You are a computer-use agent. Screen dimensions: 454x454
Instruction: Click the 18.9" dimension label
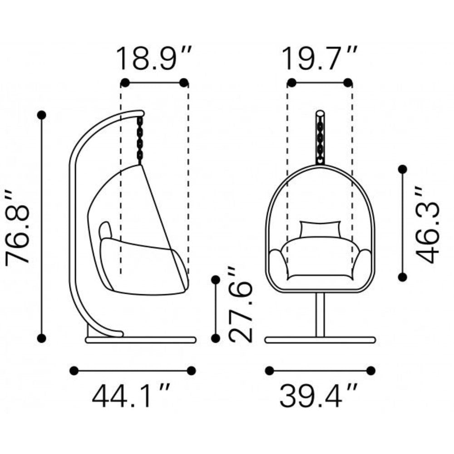coord(153,59)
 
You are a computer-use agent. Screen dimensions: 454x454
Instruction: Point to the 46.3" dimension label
coord(428,225)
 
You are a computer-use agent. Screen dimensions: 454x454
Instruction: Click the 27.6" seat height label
coord(241,305)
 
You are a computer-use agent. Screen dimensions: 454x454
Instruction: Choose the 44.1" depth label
coord(131,395)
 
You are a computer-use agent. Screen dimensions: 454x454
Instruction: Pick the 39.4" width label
coord(319,395)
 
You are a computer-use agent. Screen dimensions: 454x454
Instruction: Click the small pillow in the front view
coord(321,229)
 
